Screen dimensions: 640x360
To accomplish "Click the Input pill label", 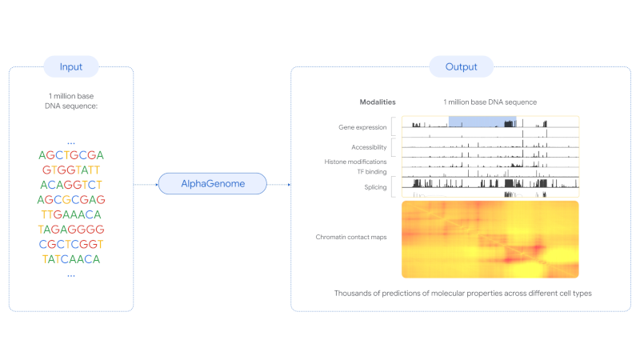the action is click(x=71, y=66).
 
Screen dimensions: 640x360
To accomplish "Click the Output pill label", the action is click(x=462, y=66).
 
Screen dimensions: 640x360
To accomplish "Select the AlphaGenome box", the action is click(x=213, y=184).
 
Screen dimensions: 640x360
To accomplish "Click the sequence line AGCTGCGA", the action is click(x=71, y=155).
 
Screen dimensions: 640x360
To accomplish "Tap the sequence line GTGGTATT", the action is click(x=71, y=170).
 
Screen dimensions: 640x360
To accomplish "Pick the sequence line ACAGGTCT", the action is click(x=71, y=185).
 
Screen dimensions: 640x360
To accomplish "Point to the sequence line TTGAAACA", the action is click(x=71, y=214).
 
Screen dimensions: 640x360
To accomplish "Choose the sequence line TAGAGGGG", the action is click(x=71, y=230).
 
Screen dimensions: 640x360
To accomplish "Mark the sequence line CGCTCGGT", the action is click(x=71, y=244).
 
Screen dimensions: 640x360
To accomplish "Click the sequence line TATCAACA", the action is click(x=71, y=259).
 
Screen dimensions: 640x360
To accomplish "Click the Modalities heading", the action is click(x=378, y=102).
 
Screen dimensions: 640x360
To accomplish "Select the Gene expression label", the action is click(x=362, y=127).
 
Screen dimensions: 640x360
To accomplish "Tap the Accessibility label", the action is click(x=369, y=147).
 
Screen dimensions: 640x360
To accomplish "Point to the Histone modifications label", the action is click(x=355, y=162).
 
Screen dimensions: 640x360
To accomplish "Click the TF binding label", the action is click(x=372, y=171).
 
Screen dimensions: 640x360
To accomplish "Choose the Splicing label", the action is click(x=375, y=187).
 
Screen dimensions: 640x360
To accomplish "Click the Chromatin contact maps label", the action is click(x=351, y=237).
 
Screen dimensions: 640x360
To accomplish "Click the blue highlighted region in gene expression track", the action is click(x=482, y=122).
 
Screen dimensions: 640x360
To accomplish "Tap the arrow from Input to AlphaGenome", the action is click(x=146, y=185).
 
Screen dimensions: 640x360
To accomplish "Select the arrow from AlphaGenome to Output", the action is click(x=279, y=185).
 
